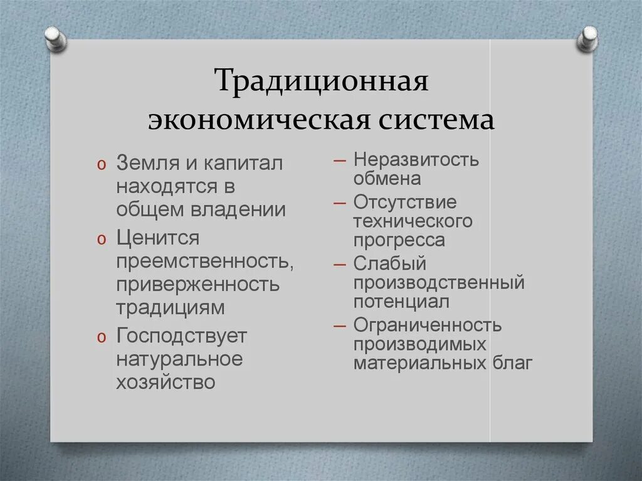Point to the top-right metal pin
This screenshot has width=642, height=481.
tap(587, 38)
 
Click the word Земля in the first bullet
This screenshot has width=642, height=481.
tap(147, 164)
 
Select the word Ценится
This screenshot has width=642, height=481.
tap(157, 239)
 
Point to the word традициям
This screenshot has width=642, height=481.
tap(170, 308)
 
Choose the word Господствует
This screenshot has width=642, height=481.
tap(182, 337)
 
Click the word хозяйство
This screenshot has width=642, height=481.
tap(166, 382)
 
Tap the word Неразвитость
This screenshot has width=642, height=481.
tap(416, 160)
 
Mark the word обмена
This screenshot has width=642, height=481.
tap(387, 178)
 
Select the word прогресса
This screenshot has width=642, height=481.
tap(399, 240)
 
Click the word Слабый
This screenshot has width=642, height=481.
tap(389, 264)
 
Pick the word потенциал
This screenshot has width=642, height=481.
tap(401, 301)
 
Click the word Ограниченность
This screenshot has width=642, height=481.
tap(428, 325)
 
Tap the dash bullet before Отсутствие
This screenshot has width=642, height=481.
tap(340, 203)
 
